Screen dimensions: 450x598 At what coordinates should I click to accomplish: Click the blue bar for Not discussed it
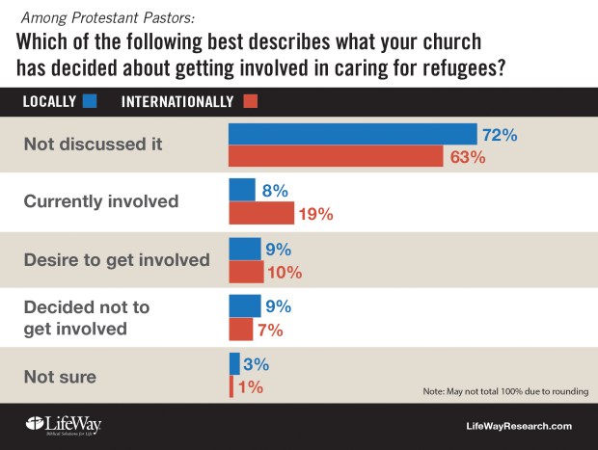[x=352, y=135]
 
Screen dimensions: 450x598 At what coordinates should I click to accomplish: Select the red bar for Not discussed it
[x=338, y=157]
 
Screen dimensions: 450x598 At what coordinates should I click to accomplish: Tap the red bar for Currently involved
[x=261, y=213]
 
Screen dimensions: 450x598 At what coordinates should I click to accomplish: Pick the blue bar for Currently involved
[x=241, y=190]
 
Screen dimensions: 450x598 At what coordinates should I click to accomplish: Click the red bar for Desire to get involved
[x=246, y=272]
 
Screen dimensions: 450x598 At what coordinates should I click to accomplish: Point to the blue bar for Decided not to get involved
[x=244, y=306]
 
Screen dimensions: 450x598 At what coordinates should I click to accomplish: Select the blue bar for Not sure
[x=234, y=363]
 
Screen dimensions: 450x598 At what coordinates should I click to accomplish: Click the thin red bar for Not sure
[x=231, y=386]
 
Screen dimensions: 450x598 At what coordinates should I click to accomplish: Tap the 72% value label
[x=500, y=136]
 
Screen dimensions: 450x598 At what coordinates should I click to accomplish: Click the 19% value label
[x=316, y=214]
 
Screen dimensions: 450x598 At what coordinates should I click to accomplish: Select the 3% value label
[x=256, y=364]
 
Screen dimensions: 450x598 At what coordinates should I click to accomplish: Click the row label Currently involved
[x=100, y=201]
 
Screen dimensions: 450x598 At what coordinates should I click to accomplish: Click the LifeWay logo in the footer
[x=63, y=425]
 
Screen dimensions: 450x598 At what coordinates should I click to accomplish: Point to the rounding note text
[x=505, y=391]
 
